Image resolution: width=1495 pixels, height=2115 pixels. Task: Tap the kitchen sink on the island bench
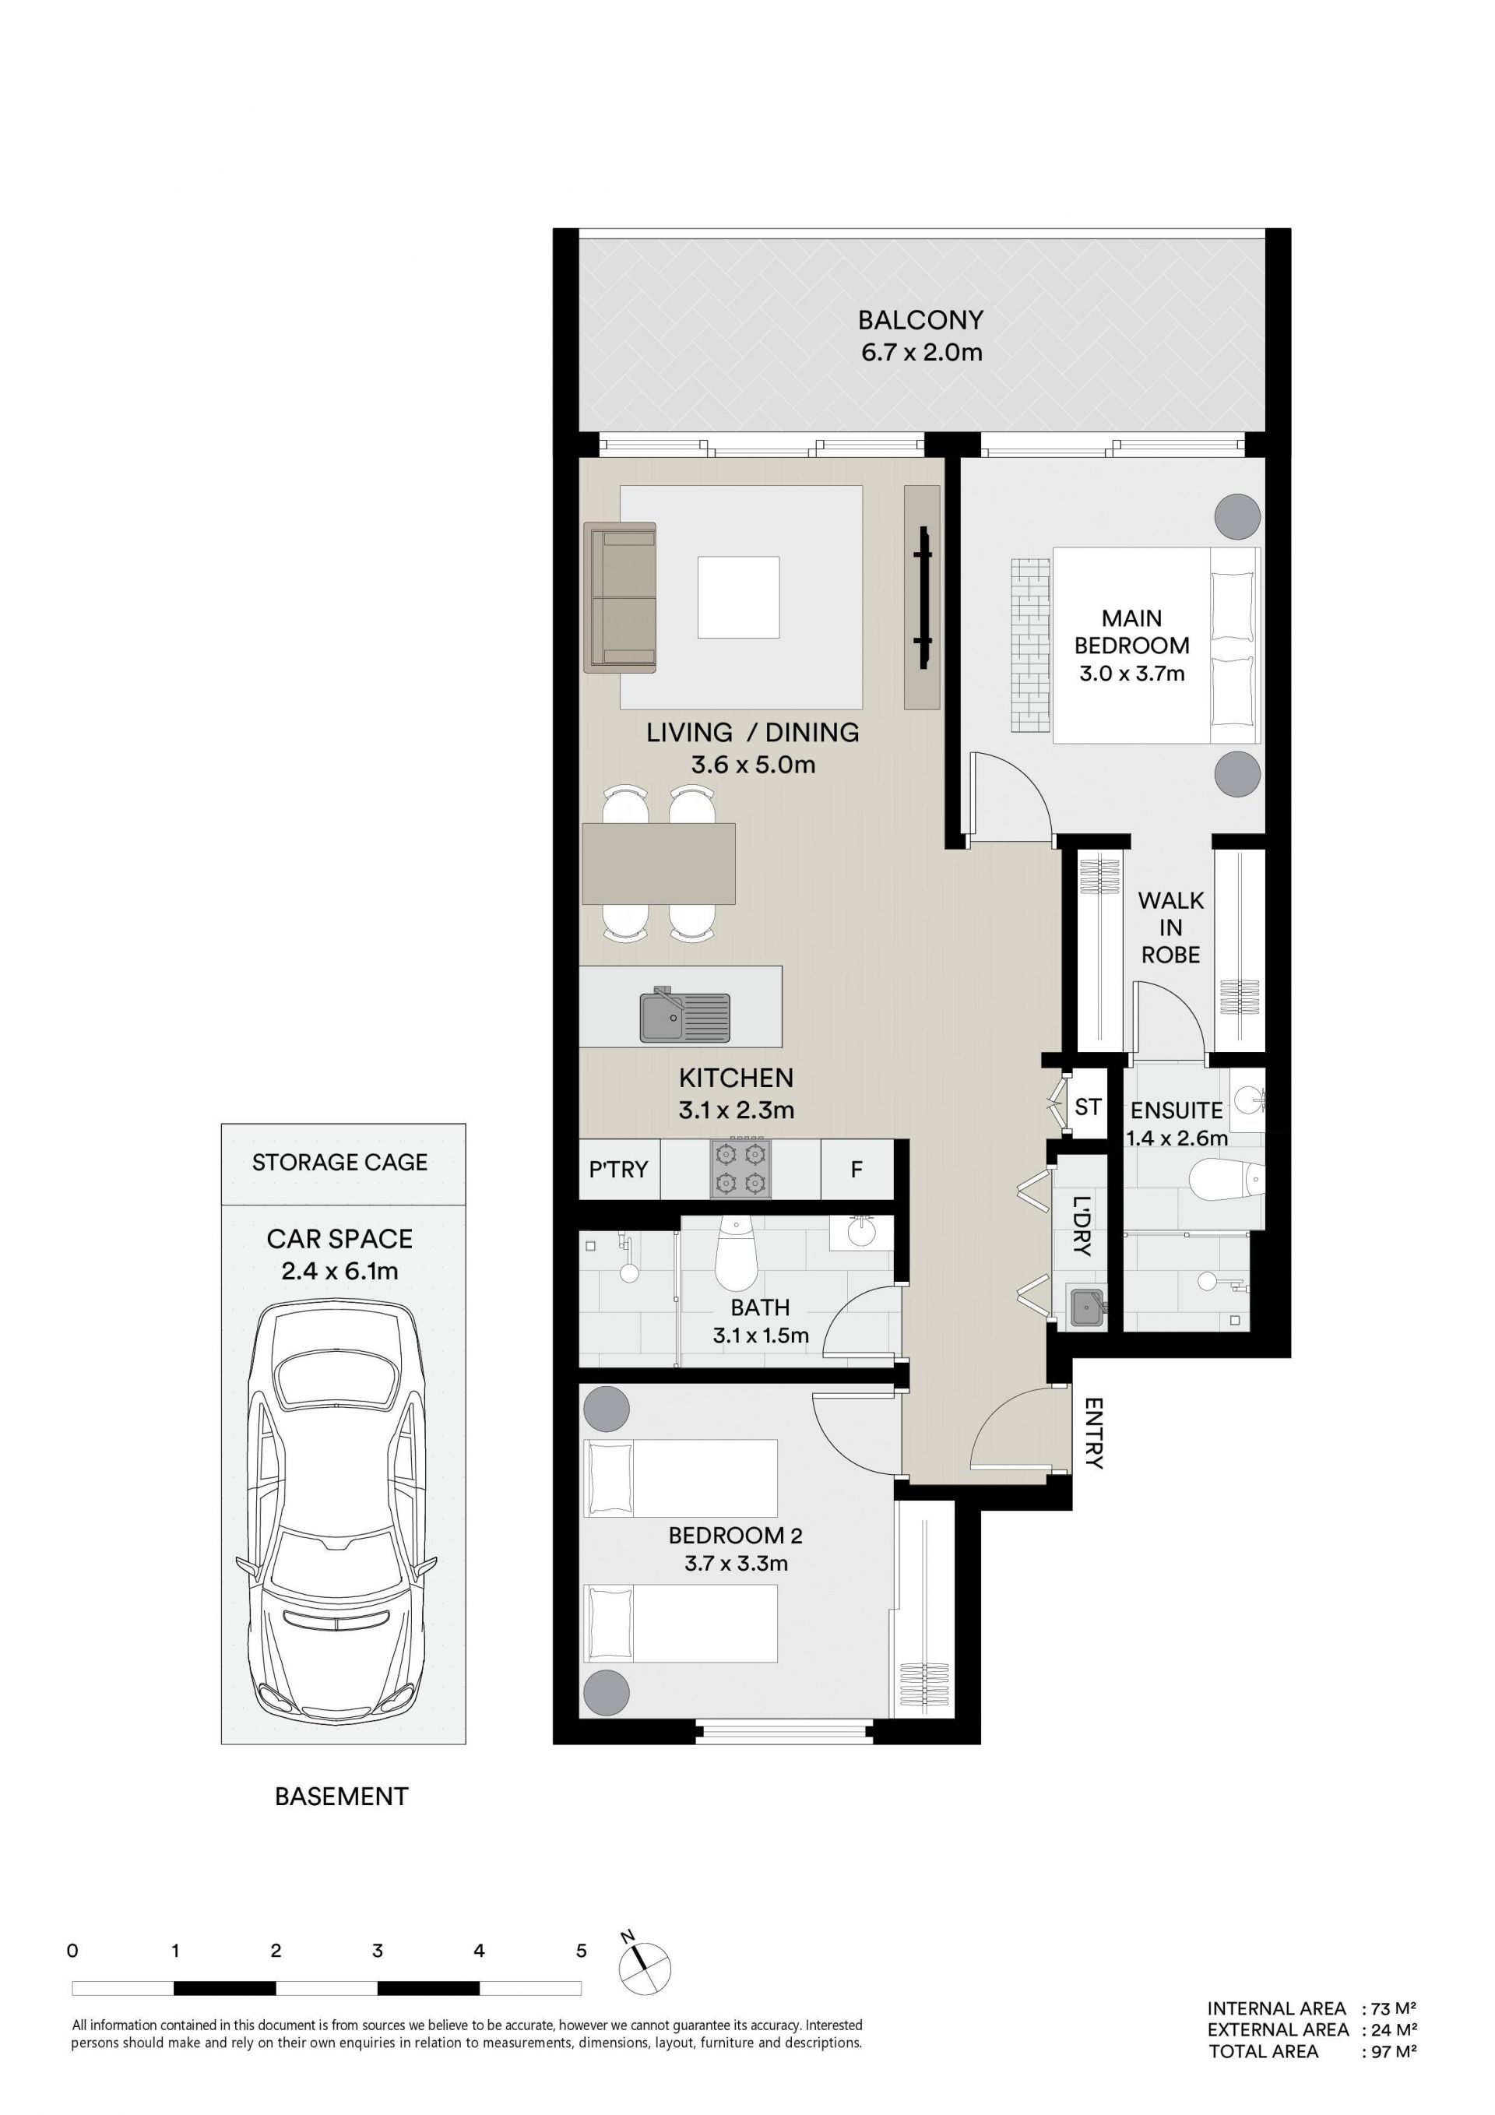[x=685, y=1017]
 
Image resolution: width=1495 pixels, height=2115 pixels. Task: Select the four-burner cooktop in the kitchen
[x=740, y=1169]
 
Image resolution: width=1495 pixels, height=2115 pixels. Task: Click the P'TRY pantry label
[x=618, y=1169]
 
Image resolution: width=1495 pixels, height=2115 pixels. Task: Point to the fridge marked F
[x=857, y=1170]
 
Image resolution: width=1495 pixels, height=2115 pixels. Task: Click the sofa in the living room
[x=620, y=597]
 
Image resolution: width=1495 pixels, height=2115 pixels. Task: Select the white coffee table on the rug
[x=738, y=597]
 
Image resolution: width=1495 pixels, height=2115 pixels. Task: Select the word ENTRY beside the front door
[x=1093, y=1434]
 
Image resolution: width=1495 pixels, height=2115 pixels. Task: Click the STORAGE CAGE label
[x=340, y=1163]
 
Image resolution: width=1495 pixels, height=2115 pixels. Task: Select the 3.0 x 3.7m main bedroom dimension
[x=1132, y=674]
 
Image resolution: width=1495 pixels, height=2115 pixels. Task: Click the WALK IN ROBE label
[x=1171, y=927]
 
